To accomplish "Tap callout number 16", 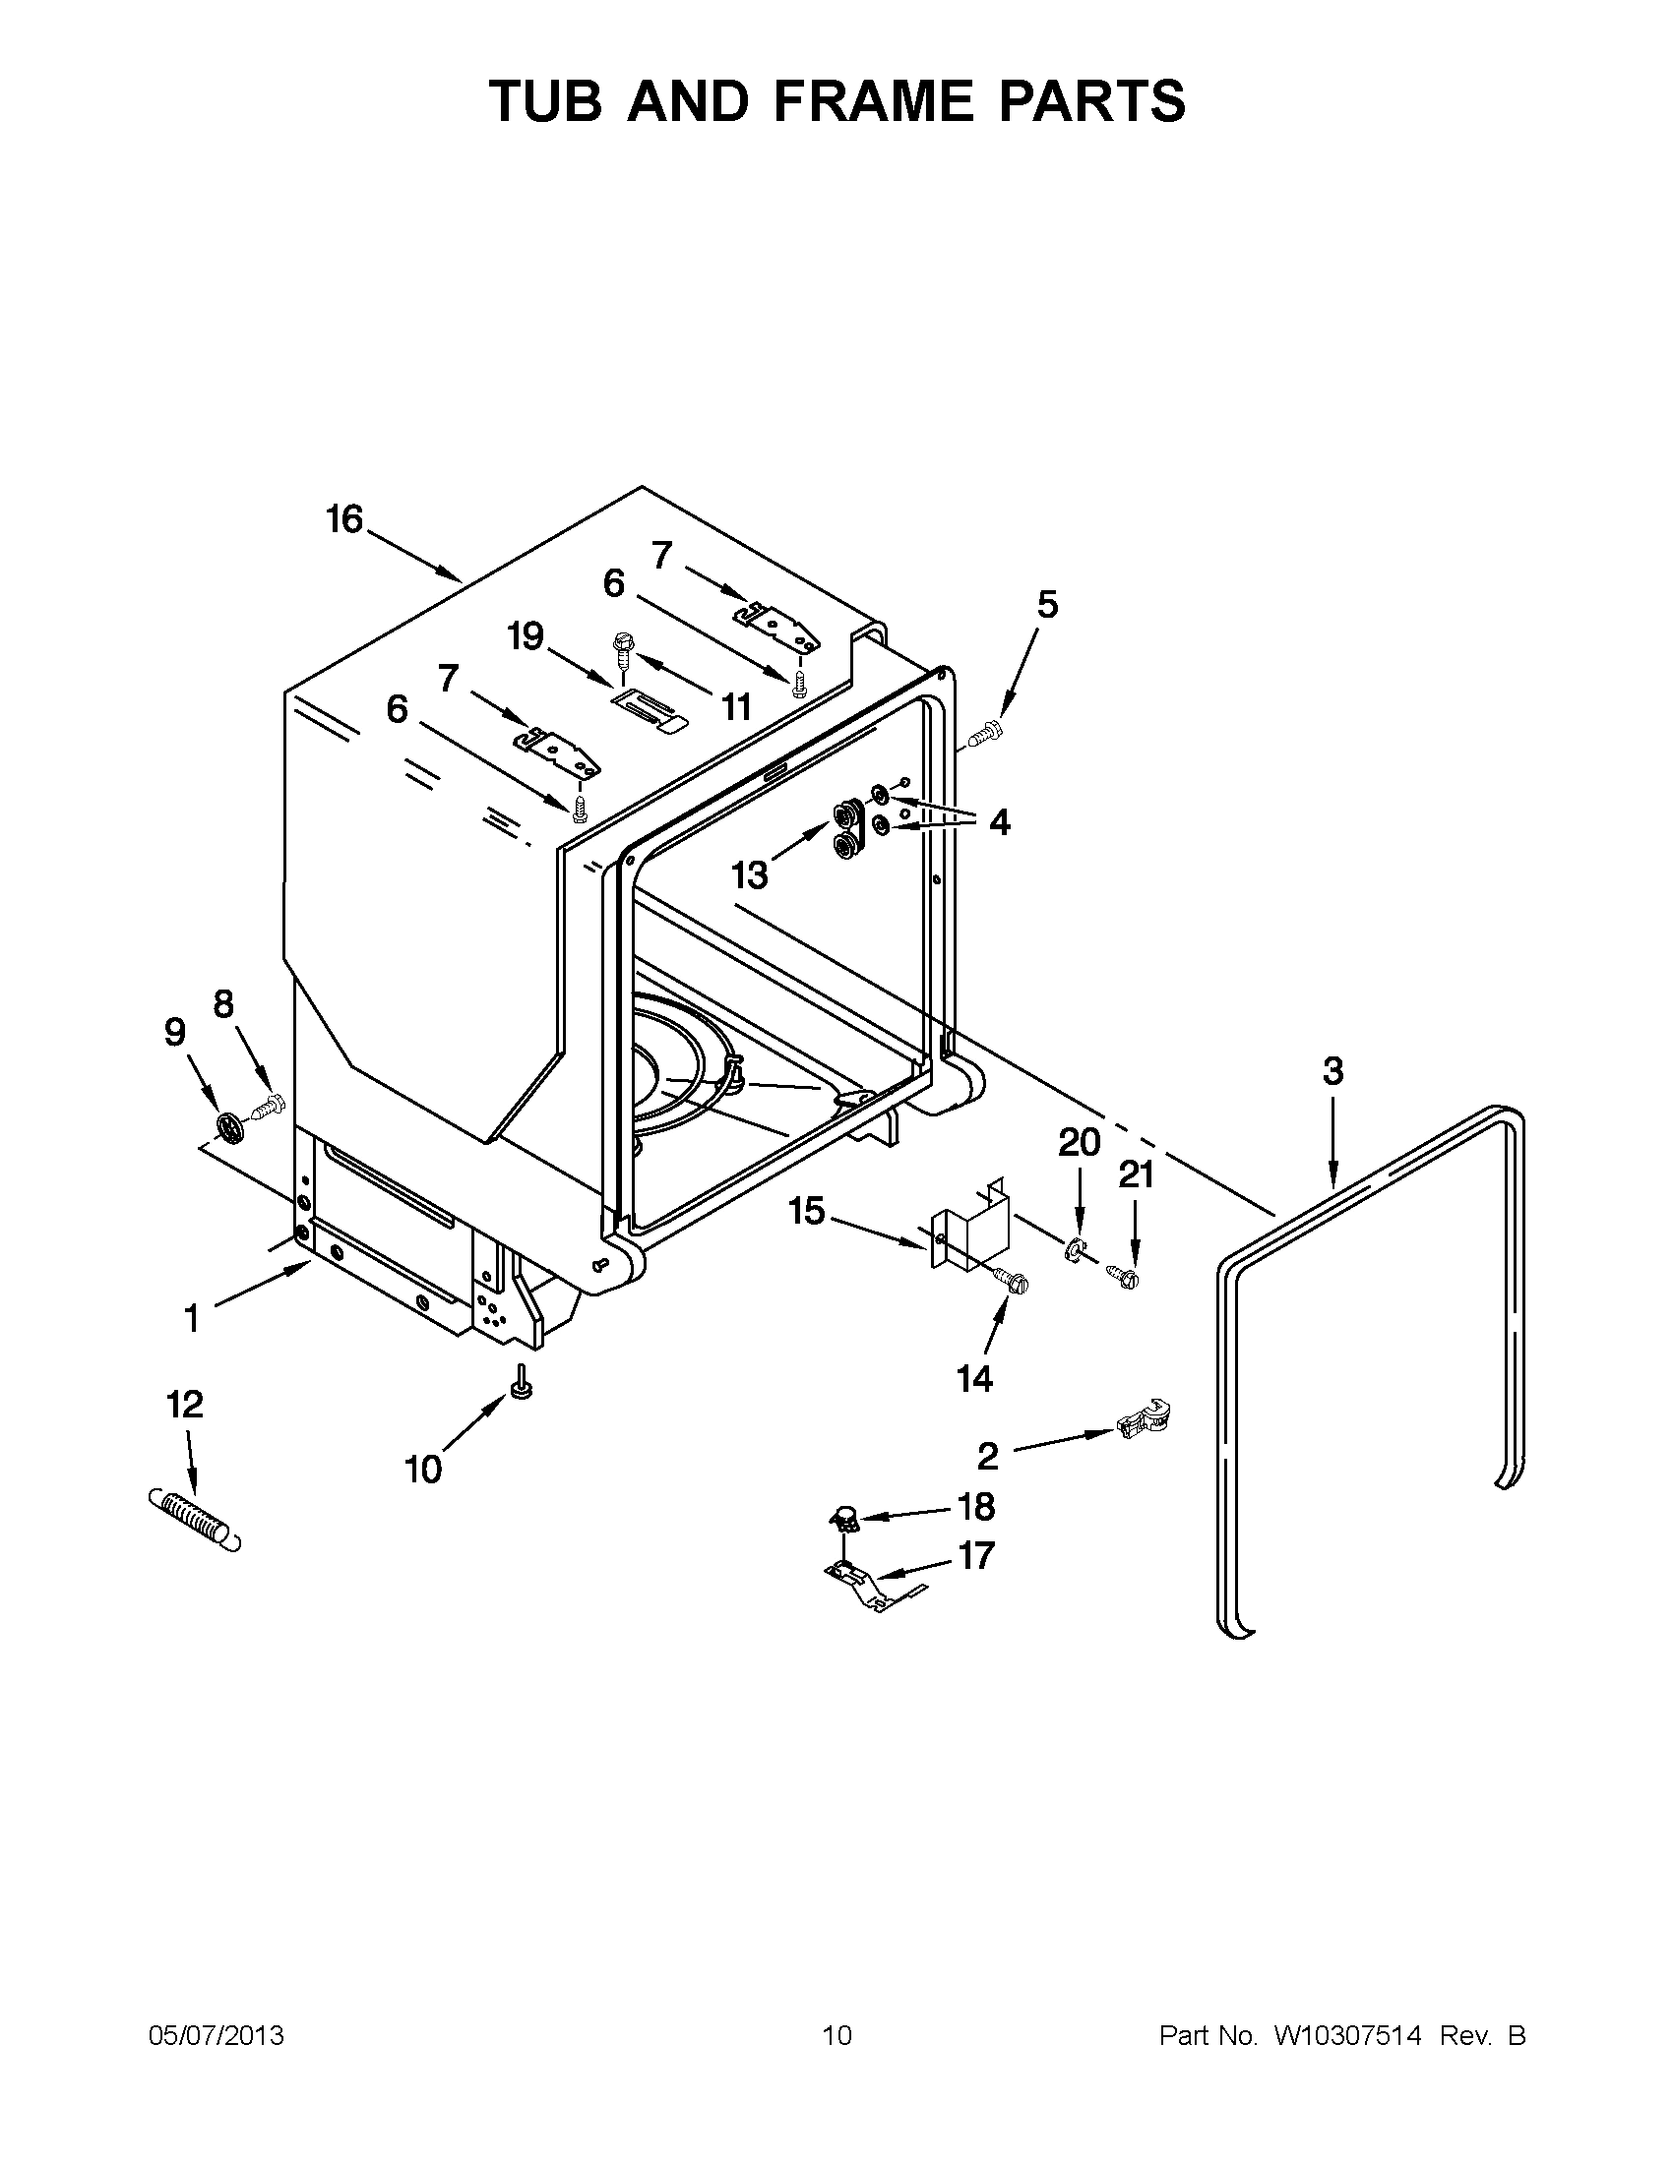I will [345, 519].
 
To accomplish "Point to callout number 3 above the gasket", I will [1332, 1071].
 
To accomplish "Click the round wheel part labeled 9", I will [229, 1126].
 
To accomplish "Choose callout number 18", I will [976, 1507].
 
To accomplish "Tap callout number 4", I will [999, 821].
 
